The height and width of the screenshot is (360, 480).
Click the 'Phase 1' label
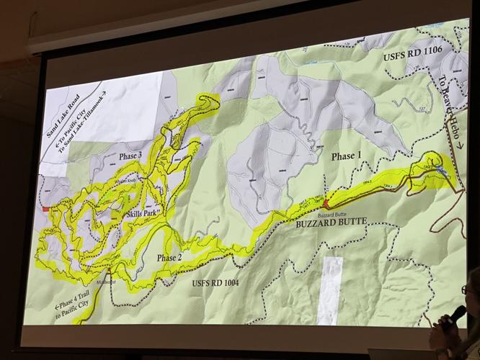click(x=343, y=156)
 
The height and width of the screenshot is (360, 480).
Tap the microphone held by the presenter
click(x=457, y=314)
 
